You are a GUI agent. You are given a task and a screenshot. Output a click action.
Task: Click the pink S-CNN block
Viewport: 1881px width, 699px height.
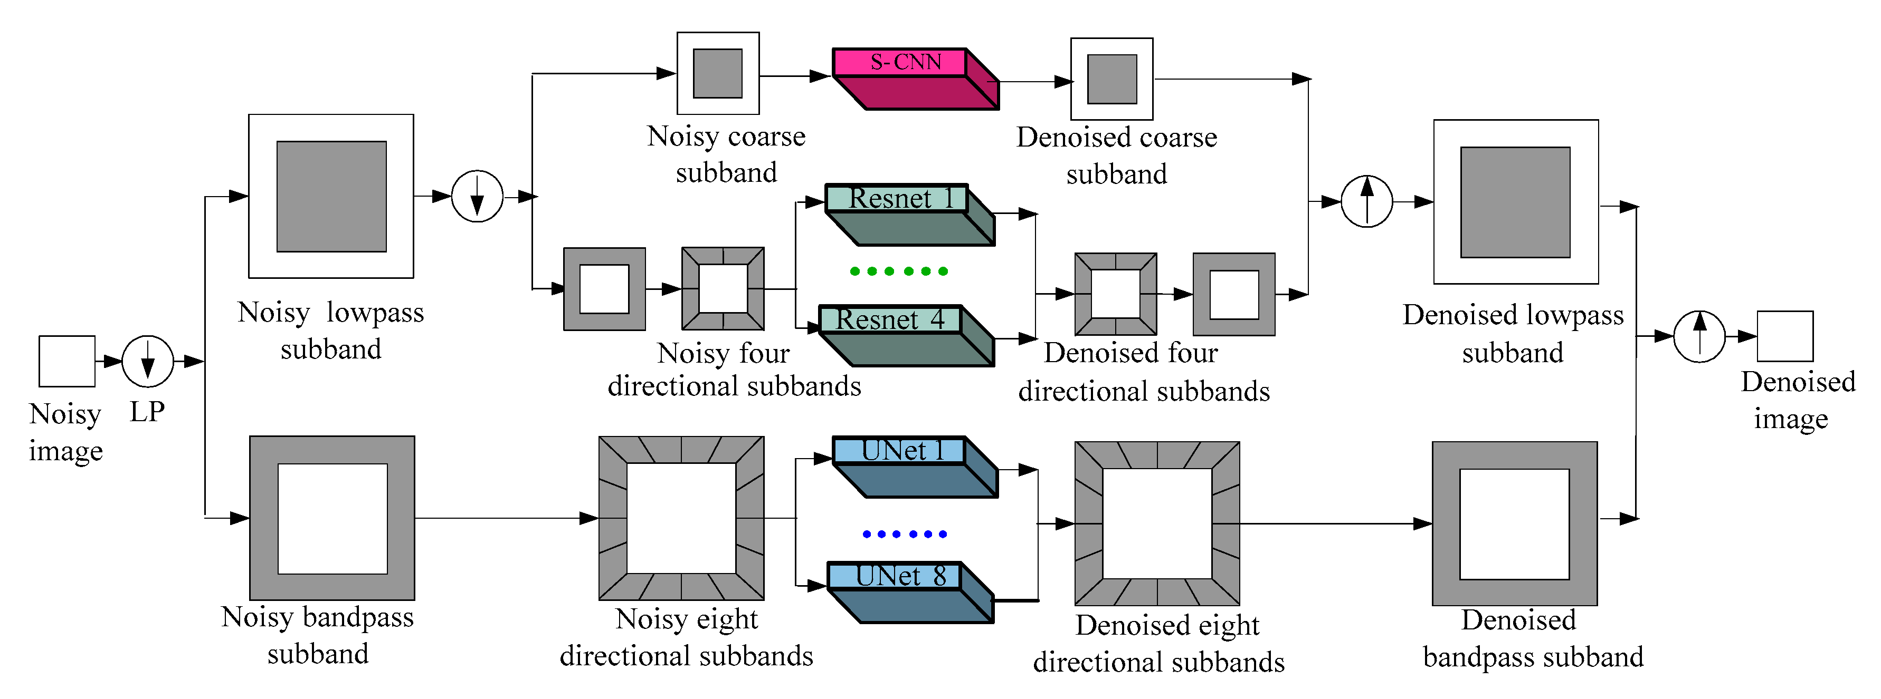(913, 76)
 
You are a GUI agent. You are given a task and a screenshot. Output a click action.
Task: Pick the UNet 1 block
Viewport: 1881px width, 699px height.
(913, 465)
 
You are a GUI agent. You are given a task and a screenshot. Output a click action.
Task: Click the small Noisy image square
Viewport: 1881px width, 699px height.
(66, 361)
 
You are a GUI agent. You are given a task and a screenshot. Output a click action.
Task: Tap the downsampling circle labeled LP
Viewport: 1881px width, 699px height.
(147, 361)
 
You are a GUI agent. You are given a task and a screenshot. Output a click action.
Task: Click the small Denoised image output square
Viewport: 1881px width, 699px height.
(1784, 336)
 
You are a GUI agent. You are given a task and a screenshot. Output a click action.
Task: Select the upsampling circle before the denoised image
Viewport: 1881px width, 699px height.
(1698, 336)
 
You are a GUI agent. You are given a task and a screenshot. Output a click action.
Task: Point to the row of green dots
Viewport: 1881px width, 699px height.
(898, 271)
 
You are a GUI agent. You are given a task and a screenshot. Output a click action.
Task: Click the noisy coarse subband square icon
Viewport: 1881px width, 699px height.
(718, 73)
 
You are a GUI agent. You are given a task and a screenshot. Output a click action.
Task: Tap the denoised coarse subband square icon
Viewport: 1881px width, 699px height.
(1111, 79)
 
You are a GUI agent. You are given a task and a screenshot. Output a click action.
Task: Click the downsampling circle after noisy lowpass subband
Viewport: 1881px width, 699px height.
(477, 196)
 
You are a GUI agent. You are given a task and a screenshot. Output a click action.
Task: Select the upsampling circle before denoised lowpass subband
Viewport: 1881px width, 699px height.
(1366, 201)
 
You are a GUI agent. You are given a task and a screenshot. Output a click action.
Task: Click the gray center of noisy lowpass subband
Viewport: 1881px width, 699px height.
(331, 196)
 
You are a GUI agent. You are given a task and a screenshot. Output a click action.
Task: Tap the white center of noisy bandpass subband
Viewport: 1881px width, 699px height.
(332, 518)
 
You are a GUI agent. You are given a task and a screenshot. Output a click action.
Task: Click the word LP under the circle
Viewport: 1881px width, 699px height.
(147, 412)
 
